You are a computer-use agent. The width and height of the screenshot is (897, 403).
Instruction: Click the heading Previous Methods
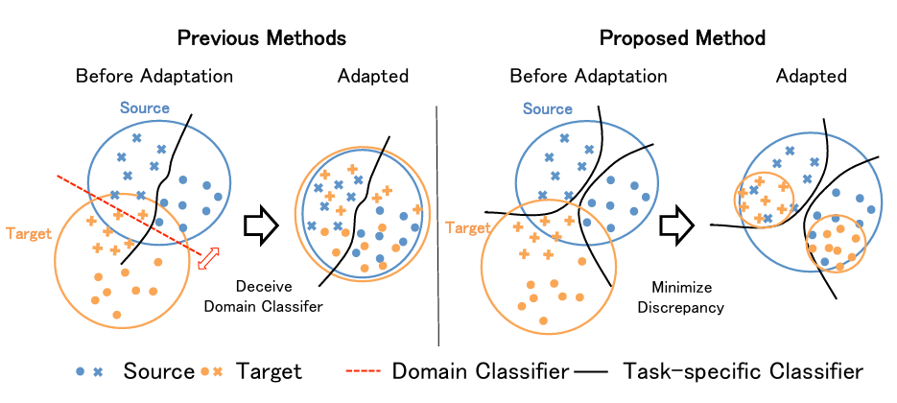point(260,38)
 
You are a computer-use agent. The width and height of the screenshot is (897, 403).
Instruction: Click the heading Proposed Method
point(682,38)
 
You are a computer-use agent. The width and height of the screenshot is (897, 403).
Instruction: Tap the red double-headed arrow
point(207,258)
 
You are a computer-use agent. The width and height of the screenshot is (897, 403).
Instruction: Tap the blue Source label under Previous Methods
point(144,107)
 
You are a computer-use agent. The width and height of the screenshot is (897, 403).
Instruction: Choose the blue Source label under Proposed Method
point(548,107)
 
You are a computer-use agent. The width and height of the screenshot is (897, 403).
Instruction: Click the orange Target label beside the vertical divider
point(467,226)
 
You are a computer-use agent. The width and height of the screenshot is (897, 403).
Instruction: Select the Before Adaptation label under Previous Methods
point(154,76)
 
